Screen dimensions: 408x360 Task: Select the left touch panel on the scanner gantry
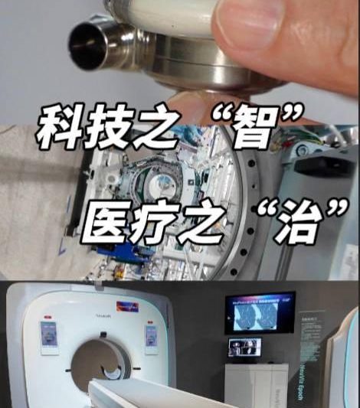click(x=49, y=337)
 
